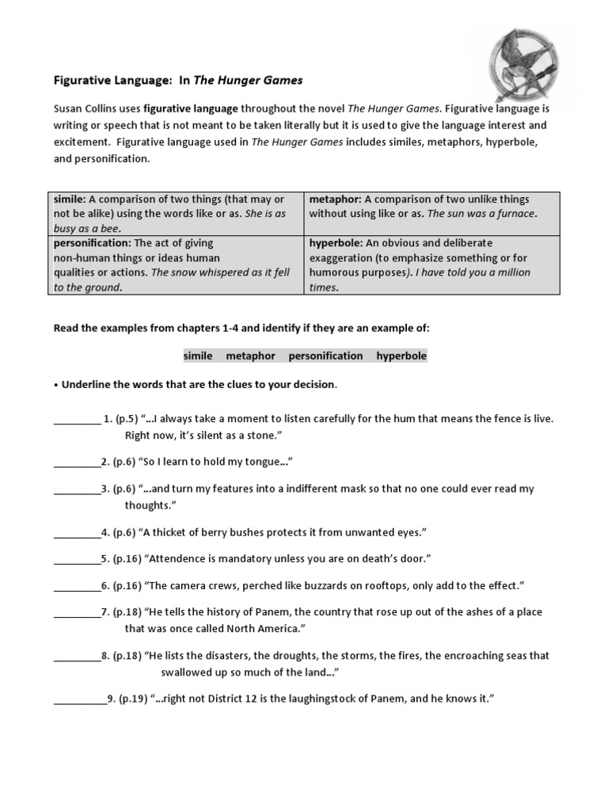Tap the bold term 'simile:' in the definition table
pos(70,200)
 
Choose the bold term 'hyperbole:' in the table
pos(335,243)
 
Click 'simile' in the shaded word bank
pos(198,356)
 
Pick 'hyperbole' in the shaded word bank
pos(401,356)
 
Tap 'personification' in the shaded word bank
pos(325,356)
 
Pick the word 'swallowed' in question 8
pos(187,672)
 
